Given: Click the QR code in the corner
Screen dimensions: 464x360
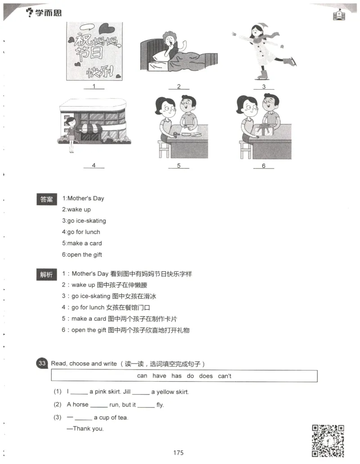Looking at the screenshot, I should [x=328, y=440].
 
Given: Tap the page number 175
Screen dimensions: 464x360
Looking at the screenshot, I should [x=178, y=453].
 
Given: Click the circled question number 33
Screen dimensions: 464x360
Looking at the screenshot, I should [x=43, y=364].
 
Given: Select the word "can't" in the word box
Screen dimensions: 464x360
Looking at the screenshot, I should [x=225, y=376].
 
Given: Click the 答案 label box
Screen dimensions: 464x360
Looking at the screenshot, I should [x=47, y=199].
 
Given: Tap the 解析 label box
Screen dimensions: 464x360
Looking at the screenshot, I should [x=47, y=274].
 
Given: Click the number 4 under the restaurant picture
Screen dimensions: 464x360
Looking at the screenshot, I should [x=94, y=165].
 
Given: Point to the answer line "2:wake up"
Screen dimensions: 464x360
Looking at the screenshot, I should [x=76, y=209].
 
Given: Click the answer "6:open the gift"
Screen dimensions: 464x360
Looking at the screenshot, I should [x=82, y=255].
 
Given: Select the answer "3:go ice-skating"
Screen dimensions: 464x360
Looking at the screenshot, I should [x=84, y=221].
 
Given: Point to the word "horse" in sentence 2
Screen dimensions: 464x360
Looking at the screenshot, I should [x=81, y=405].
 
